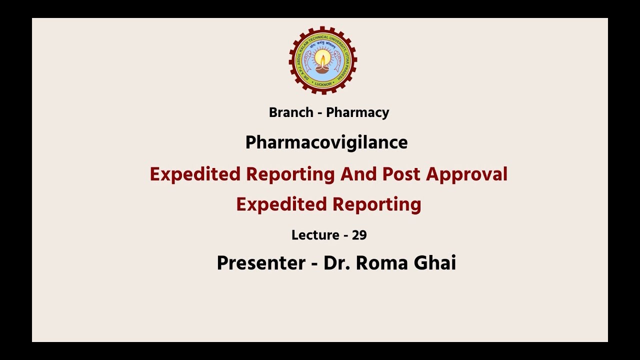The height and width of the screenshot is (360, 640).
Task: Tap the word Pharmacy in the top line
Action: [357, 112]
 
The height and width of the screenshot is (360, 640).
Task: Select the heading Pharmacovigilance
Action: [326, 142]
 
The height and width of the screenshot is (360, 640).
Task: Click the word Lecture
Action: [314, 234]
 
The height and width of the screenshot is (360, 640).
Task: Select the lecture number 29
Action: [359, 234]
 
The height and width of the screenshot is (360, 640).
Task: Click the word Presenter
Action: [260, 262]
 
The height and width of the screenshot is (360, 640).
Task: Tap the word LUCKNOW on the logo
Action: [323, 83]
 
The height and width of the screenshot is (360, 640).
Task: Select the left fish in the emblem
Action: [306, 60]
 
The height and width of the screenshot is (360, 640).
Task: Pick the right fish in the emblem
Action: [339, 60]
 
